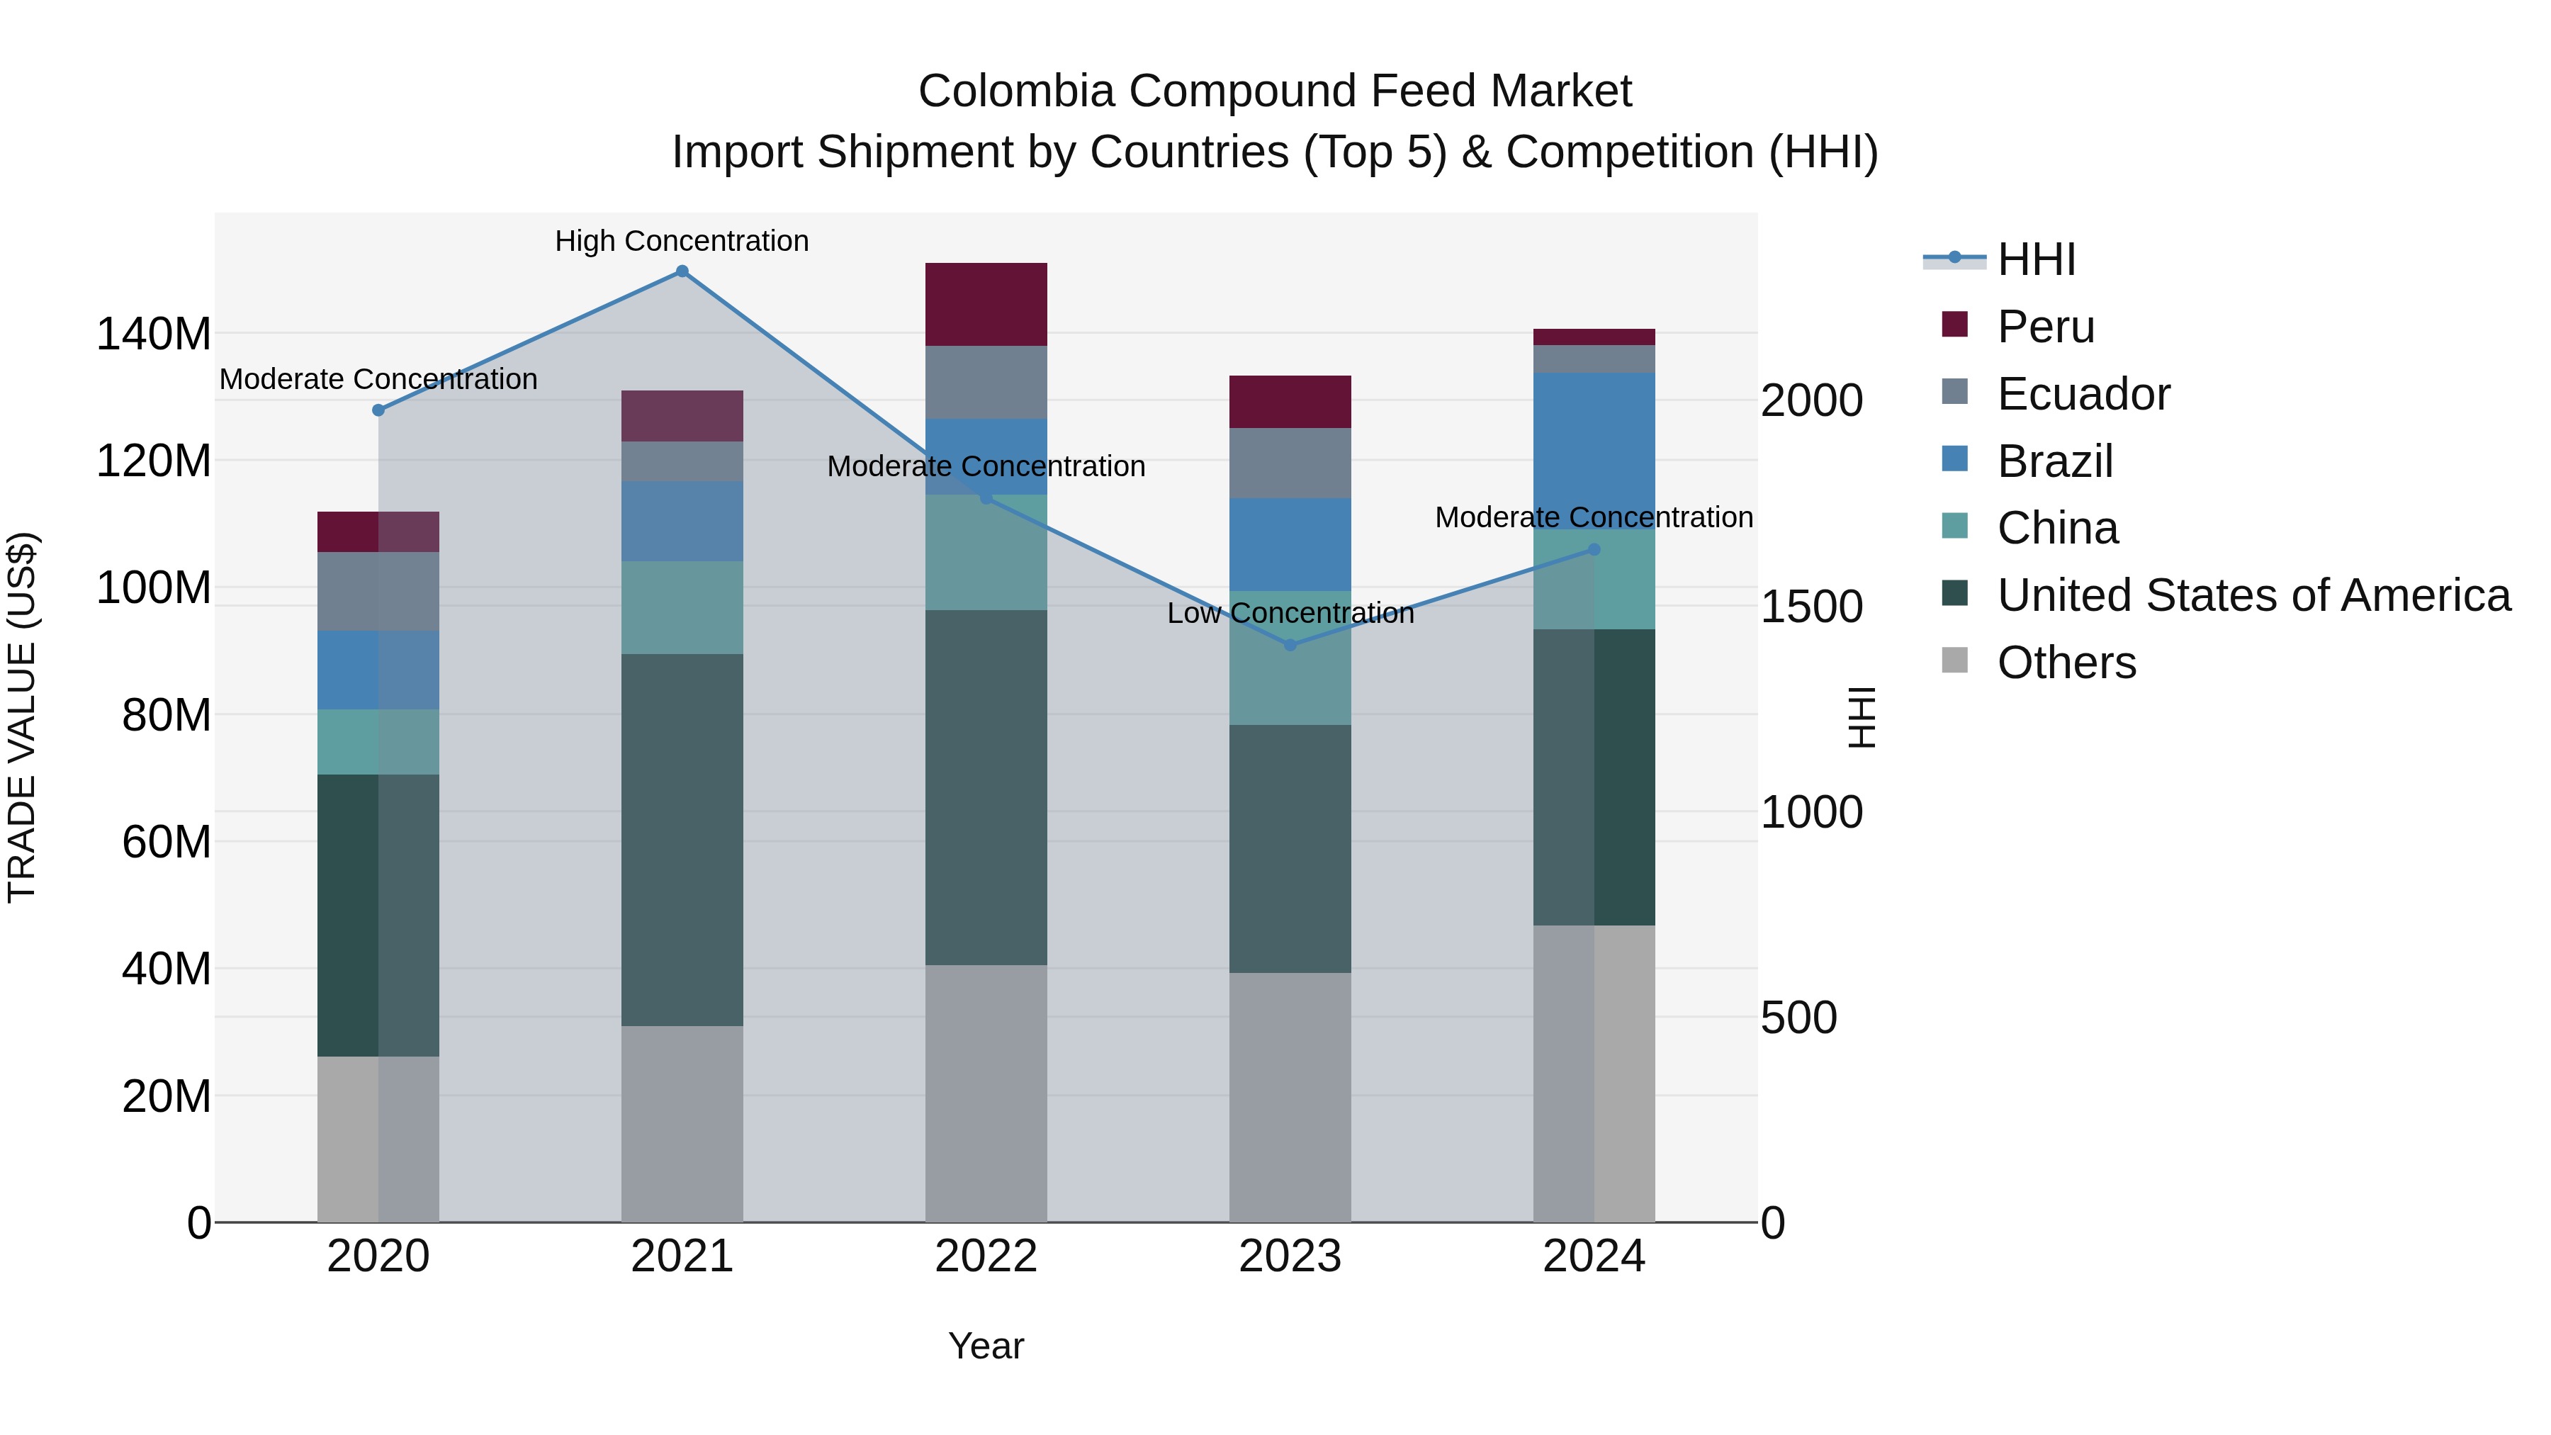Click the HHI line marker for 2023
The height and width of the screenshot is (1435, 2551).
[x=1290, y=645]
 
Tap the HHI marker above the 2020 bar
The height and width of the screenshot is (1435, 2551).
[x=378, y=410]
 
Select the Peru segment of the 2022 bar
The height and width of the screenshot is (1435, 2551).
[x=986, y=304]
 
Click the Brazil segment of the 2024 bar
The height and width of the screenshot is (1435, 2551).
[x=1594, y=451]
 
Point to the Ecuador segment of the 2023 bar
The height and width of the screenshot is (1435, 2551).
[x=1290, y=463]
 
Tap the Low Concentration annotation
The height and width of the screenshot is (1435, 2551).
[x=1290, y=614]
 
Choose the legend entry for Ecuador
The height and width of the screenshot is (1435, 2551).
[x=2083, y=394]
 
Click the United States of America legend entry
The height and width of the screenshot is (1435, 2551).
[x=2253, y=595]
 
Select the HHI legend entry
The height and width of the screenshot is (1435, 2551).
[x=2035, y=259]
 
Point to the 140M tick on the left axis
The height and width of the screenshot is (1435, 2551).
[x=154, y=334]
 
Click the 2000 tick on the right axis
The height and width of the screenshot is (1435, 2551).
[x=1811, y=400]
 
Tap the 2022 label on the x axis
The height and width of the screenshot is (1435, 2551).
[x=986, y=1256]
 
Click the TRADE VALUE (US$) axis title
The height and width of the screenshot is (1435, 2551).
[x=22, y=717]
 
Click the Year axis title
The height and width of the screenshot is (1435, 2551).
[x=986, y=1346]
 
